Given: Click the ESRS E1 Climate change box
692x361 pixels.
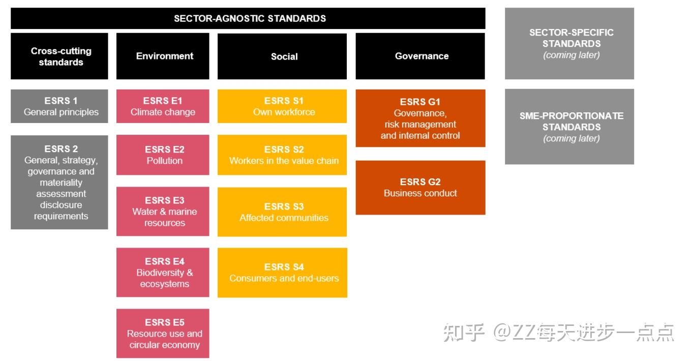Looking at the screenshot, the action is [x=163, y=106].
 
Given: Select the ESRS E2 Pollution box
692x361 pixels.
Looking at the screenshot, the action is [x=163, y=155].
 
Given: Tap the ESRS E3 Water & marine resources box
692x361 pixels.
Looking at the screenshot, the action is [x=163, y=212].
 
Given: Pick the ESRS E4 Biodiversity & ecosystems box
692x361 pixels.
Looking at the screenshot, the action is [x=163, y=273].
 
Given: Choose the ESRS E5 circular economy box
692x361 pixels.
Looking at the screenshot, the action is [x=163, y=334].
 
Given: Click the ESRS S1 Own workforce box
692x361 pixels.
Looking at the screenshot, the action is [x=282, y=106].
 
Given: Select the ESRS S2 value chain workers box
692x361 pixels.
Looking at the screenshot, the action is [x=282, y=155].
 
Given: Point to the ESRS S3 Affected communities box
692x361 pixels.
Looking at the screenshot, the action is [x=282, y=212].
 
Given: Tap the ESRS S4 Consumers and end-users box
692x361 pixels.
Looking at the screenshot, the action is [x=282, y=273].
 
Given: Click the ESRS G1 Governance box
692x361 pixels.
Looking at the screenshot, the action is [x=420, y=118].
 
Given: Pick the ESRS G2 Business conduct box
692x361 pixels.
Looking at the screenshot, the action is [x=420, y=188].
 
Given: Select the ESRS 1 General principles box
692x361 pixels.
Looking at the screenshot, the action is [x=59, y=106].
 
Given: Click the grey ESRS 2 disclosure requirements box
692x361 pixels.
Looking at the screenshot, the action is [x=59, y=182].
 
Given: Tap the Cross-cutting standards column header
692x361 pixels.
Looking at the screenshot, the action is [x=59, y=56].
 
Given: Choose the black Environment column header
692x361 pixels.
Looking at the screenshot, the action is [x=163, y=56].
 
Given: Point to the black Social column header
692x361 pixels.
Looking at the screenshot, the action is [x=282, y=56].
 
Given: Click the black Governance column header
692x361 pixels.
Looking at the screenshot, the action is [x=420, y=56].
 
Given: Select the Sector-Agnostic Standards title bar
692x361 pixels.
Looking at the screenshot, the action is [x=248, y=18].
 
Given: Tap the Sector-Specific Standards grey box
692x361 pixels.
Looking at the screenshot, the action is [x=569, y=44].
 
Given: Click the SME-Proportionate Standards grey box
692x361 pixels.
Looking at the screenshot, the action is [x=569, y=127].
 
